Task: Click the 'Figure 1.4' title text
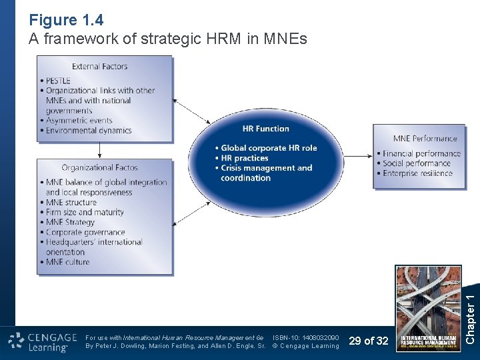pyautogui.click(x=66, y=20)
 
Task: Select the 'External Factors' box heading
pyautogui.click(x=100, y=66)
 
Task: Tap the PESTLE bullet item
pyautogui.click(x=58, y=81)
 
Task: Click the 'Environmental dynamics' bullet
pyautogui.click(x=89, y=131)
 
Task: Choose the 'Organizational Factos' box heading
pyautogui.click(x=99, y=167)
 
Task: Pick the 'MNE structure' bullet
pyautogui.click(x=71, y=202)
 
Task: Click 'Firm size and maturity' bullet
pyautogui.click(x=85, y=212)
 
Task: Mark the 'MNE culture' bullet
pyautogui.click(x=67, y=262)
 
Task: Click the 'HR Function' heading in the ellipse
pyautogui.click(x=265, y=129)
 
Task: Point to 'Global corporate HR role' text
pyautogui.click(x=269, y=148)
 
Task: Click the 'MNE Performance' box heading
pyautogui.click(x=425, y=139)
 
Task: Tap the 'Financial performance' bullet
pyautogui.click(x=421, y=153)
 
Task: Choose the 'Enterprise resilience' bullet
pyautogui.click(x=417, y=173)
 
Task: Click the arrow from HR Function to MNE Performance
pyautogui.click(x=356, y=156)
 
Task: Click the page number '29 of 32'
pyautogui.click(x=368, y=341)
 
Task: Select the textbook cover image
pyautogui.click(x=428, y=308)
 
